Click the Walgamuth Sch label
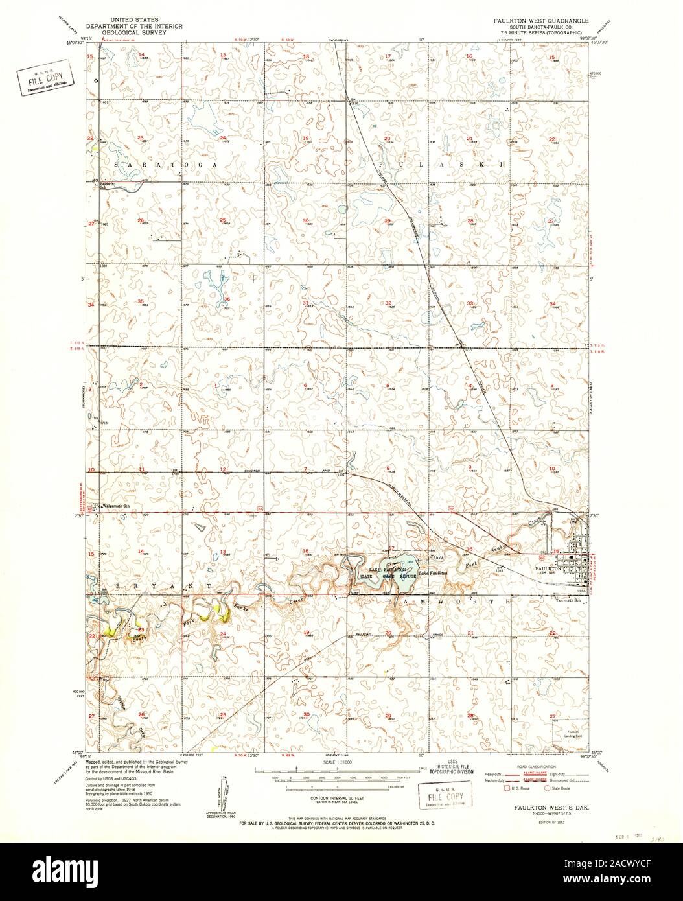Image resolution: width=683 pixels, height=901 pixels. [117, 505]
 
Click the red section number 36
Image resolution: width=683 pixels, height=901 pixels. [226, 299]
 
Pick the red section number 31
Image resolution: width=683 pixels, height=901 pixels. [305, 303]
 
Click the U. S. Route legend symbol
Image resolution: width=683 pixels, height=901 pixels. [506, 789]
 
